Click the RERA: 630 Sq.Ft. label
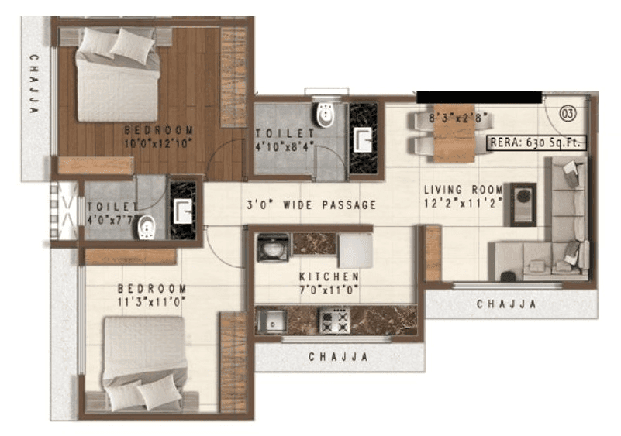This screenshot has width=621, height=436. [536, 142]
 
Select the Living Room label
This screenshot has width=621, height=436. [463, 190]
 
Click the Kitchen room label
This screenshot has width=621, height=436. [329, 276]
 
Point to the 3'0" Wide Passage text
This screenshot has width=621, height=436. [311, 205]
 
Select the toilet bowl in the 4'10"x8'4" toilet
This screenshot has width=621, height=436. [325, 116]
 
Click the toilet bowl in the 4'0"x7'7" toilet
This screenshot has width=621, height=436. [147, 227]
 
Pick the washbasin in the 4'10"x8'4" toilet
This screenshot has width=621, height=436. [362, 139]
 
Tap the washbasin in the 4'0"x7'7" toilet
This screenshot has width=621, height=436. [183, 210]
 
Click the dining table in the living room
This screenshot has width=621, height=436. [454, 132]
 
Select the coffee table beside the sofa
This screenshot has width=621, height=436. [519, 204]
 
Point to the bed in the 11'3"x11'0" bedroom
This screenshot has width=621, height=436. [144, 361]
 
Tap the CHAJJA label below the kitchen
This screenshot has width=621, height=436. [338, 357]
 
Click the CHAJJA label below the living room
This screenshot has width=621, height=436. [506, 304]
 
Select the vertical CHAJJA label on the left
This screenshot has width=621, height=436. [33, 84]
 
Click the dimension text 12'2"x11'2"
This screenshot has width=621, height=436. [463, 203]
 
